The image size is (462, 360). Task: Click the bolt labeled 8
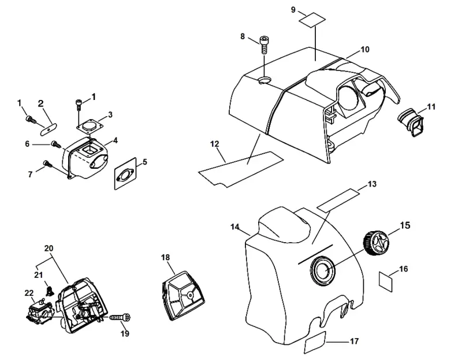click(x=264, y=44)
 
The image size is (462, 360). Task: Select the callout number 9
click(x=293, y=10)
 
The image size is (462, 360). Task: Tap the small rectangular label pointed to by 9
click(x=312, y=20)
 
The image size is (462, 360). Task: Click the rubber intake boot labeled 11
click(x=411, y=123)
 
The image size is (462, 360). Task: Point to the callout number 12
click(x=215, y=144)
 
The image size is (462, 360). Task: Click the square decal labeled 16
click(x=386, y=281)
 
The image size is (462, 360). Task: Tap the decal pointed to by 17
click(x=315, y=342)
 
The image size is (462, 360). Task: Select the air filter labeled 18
click(x=183, y=296)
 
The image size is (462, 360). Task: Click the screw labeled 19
click(x=120, y=318)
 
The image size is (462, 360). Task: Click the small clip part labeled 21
click(x=50, y=291)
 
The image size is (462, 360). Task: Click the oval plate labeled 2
click(x=48, y=129)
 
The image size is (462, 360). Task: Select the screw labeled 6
click(x=56, y=144)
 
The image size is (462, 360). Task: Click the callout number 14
click(x=234, y=227)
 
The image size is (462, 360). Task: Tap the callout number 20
click(x=49, y=248)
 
